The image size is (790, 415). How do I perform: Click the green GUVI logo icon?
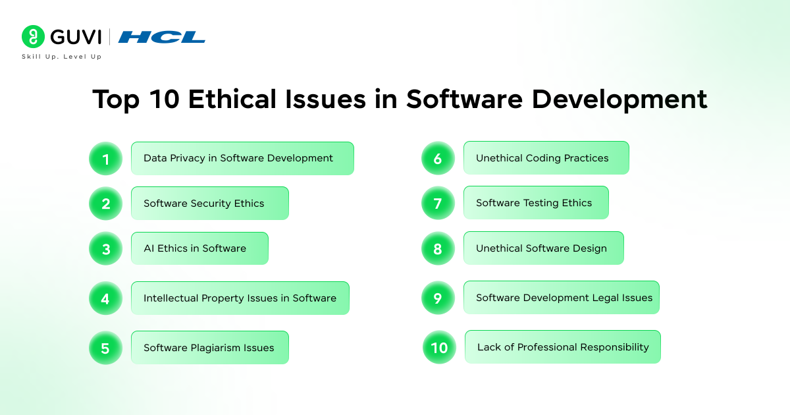point(33,37)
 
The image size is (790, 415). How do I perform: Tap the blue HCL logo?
point(161,37)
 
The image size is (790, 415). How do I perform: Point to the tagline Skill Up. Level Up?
point(62,57)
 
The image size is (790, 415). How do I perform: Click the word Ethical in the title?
point(232,99)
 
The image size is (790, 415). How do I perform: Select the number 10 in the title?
point(165,99)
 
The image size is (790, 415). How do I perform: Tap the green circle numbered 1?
point(105,159)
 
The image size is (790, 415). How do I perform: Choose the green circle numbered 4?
point(105,298)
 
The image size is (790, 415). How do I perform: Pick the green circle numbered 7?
point(438,203)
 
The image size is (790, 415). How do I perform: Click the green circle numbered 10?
point(439,347)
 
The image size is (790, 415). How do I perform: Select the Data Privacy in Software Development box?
point(243,159)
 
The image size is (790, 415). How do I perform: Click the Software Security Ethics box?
point(210,204)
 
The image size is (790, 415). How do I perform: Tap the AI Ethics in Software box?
point(199,248)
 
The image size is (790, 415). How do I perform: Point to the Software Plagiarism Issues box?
point(210,348)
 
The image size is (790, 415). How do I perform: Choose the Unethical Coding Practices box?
point(546,157)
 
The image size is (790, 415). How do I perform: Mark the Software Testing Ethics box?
point(536,203)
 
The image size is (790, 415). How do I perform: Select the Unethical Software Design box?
point(544,248)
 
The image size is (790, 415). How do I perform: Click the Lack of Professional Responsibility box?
point(562,347)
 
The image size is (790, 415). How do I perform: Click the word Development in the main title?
point(619,100)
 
